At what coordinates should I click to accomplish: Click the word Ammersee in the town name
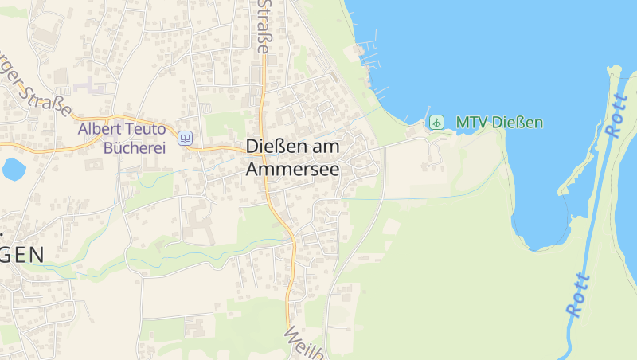point(292,169)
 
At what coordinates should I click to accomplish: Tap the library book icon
point(185,138)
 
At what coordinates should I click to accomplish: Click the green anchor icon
point(436,122)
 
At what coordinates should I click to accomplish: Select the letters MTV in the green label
point(471,123)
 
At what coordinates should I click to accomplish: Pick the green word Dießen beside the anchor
point(518,123)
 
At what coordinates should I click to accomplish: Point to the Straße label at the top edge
point(263,25)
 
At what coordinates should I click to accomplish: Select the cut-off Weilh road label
point(303,343)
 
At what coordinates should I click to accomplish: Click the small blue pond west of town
point(14,168)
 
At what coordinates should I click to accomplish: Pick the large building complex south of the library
point(199,222)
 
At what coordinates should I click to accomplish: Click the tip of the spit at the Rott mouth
point(612,69)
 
